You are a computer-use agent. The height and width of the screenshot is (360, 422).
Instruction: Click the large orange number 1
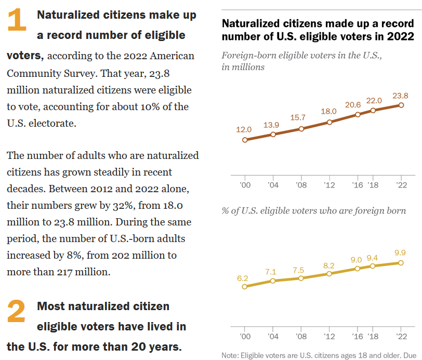pyautogui.click(x=17, y=21)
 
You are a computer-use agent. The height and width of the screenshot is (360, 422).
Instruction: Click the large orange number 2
pyautogui.click(x=17, y=312)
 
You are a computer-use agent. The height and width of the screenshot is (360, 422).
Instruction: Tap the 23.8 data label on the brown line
pyautogui.click(x=401, y=96)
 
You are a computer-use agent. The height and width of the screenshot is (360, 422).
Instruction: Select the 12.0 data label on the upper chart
pyautogui.click(x=244, y=129)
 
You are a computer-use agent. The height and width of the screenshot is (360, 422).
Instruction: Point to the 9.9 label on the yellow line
pyautogui.click(x=400, y=253)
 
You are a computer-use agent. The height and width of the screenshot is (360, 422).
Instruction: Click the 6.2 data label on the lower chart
pyautogui.click(x=243, y=278)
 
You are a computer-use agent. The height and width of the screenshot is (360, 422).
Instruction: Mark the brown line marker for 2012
pyautogui.click(x=329, y=122)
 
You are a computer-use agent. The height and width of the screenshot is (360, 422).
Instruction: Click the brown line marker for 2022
pyautogui.click(x=401, y=105)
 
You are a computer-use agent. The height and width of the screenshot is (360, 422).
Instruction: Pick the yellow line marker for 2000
pyautogui.click(x=244, y=286)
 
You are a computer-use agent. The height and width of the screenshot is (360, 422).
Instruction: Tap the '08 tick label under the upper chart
pyautogui.click(x=301, y=184)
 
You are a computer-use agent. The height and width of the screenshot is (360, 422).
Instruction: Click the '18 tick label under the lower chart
pyautogui.click(x=373, y=336)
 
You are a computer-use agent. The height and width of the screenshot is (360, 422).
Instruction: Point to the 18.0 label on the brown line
pyautogui.click(x=329, y=111)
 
